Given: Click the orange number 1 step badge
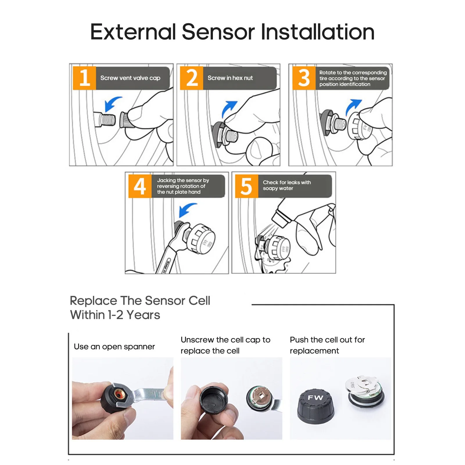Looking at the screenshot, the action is pyautogui.click(x=84, y=78).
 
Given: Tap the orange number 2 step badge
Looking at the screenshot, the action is pyautogui.click(x=192, y=78).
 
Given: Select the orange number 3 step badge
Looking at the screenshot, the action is pyautogui.click(x=304, y=78).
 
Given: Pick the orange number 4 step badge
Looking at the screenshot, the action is pyautogui.click(x=140, y=186).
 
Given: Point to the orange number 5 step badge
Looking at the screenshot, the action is pyautogui.click(x=247, y=186).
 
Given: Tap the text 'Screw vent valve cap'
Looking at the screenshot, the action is pyautogui.click(x=130, y=78).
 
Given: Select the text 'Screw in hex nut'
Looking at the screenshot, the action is pyautogui.click(x=230, y=78).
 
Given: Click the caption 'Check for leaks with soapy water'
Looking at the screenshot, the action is pyautogui.click(x=287, y=185).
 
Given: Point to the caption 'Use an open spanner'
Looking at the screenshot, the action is pyautogui.click(x=114, y=346).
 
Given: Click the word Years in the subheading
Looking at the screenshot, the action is pyautogui.click(x=143, y=315).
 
